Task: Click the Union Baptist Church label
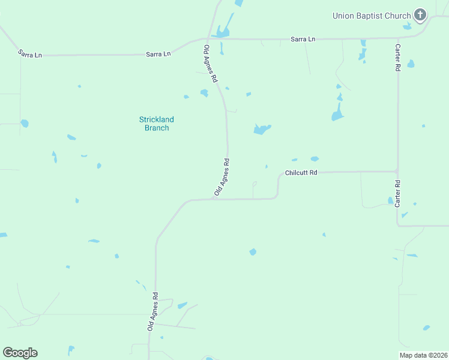point(372,16)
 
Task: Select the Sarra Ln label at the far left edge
point(30,54)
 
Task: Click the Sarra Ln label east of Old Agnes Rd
point(303,40)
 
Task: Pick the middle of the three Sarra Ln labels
point(158,54)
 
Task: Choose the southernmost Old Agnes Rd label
point(153,311)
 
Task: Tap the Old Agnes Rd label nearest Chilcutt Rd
point(222,177)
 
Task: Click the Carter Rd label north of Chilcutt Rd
point(397,57)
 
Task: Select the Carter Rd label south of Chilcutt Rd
point(397,194)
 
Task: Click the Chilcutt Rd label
point(301,172)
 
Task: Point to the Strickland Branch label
point(157,124)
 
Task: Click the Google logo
point(20,353)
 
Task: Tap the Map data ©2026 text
point(423,355)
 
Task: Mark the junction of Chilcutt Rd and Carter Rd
point(397,172)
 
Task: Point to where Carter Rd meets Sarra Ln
point(397,38)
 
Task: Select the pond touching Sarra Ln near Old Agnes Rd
point(223,32)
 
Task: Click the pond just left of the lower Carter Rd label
point(390,200)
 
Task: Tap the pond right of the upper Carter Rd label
point(411,64)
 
